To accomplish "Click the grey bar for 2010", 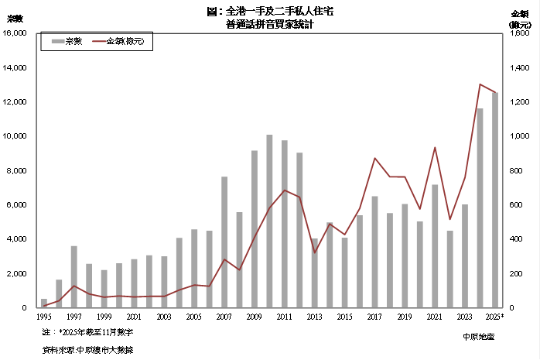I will pos(269,221).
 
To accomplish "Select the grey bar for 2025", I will pos(494,200).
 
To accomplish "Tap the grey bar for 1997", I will pos(73,276).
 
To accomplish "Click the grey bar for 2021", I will pos(435,246).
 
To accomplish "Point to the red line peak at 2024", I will pos(480,84).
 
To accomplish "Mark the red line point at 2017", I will pos(374,158).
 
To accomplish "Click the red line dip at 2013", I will pos(315,252).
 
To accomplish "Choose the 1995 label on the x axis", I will pos(44,317).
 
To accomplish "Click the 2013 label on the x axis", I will pos(315,317).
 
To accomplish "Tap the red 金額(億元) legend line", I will pos(98,41).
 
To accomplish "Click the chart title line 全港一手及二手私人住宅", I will pos(270,12).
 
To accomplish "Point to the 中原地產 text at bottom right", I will pos(478,336).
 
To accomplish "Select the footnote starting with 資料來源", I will pos(92,350).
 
